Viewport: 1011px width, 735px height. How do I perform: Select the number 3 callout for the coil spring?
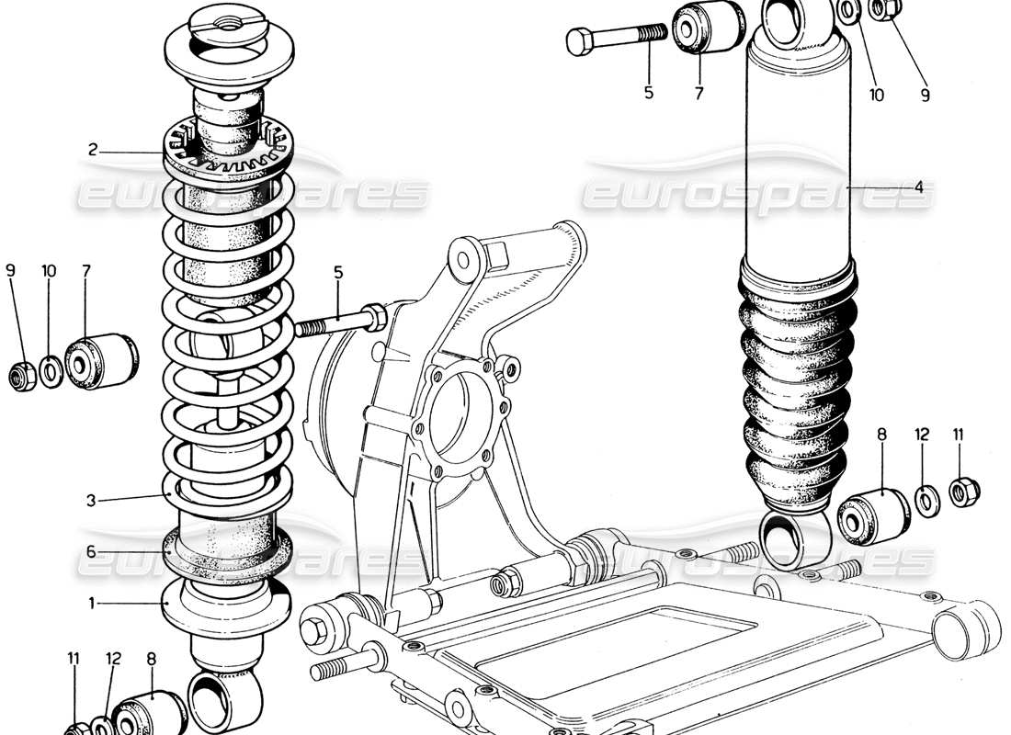(92, 501)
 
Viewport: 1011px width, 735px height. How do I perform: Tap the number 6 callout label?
(92, 552)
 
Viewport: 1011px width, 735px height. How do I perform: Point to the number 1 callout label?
(92, 604)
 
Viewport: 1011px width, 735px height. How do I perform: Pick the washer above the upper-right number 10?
(850, 12)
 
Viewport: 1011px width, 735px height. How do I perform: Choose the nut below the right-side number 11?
(962, 491)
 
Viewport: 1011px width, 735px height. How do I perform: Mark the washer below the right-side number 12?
(926, 498)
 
